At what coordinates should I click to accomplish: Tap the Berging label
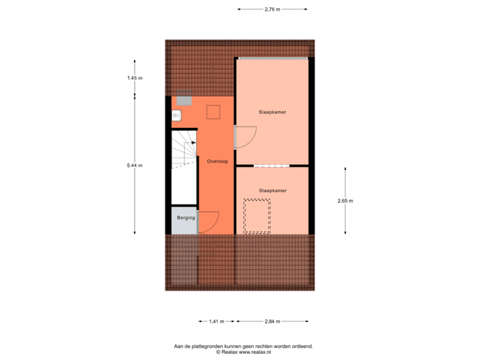[186, 218]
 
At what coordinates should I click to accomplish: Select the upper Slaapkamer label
[272, 112]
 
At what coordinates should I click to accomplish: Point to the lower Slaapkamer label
[272, 191]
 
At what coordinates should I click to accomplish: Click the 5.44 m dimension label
[135, 165]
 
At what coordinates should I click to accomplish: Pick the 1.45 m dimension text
[135, 78]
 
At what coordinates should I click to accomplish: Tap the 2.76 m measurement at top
[272, 9]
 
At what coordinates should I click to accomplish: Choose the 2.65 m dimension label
[345, 201]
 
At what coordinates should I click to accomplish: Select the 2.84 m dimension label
[272, 321]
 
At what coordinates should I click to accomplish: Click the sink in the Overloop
[177, 115]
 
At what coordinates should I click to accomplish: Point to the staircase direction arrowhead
[193, 142]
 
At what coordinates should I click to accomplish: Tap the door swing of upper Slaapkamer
[245, 137]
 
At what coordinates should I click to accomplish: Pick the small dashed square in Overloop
[213, 112]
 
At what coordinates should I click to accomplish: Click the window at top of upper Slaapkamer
[272, 59]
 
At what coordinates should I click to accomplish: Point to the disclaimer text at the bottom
[243, 348]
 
